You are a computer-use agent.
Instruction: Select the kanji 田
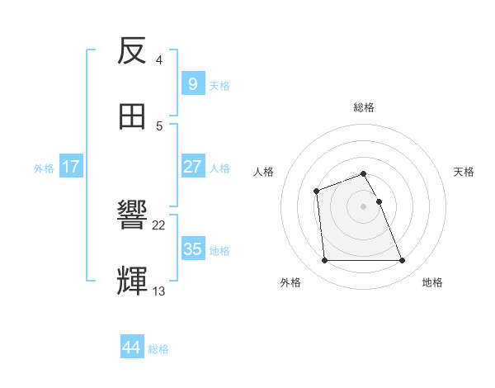pos(133,116)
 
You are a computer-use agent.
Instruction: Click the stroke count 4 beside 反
pos(158,60)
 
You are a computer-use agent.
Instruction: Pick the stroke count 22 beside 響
pos(159,225)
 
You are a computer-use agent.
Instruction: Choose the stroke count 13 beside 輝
pos(159,290)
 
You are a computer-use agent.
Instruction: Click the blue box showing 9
pos(192,83)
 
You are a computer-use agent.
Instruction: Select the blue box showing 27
pos(192,167)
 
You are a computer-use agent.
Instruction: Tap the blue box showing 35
pos(192,248)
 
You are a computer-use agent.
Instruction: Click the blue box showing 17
pos(71,167)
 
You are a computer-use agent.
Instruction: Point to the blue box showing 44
pos(131,348)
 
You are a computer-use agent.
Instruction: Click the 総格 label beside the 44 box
pos(158,349)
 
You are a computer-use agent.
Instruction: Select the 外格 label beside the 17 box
pos(44,168)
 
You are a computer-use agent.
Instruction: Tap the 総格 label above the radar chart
pos(364,107)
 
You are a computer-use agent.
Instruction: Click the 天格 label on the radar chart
pos(464,172)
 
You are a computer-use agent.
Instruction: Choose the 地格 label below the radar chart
pos(432,282)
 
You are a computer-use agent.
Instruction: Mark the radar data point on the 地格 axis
pos(402,261)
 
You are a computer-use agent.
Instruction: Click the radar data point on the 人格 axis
pos(316,192)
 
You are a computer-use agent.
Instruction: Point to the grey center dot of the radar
pos(363,206)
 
